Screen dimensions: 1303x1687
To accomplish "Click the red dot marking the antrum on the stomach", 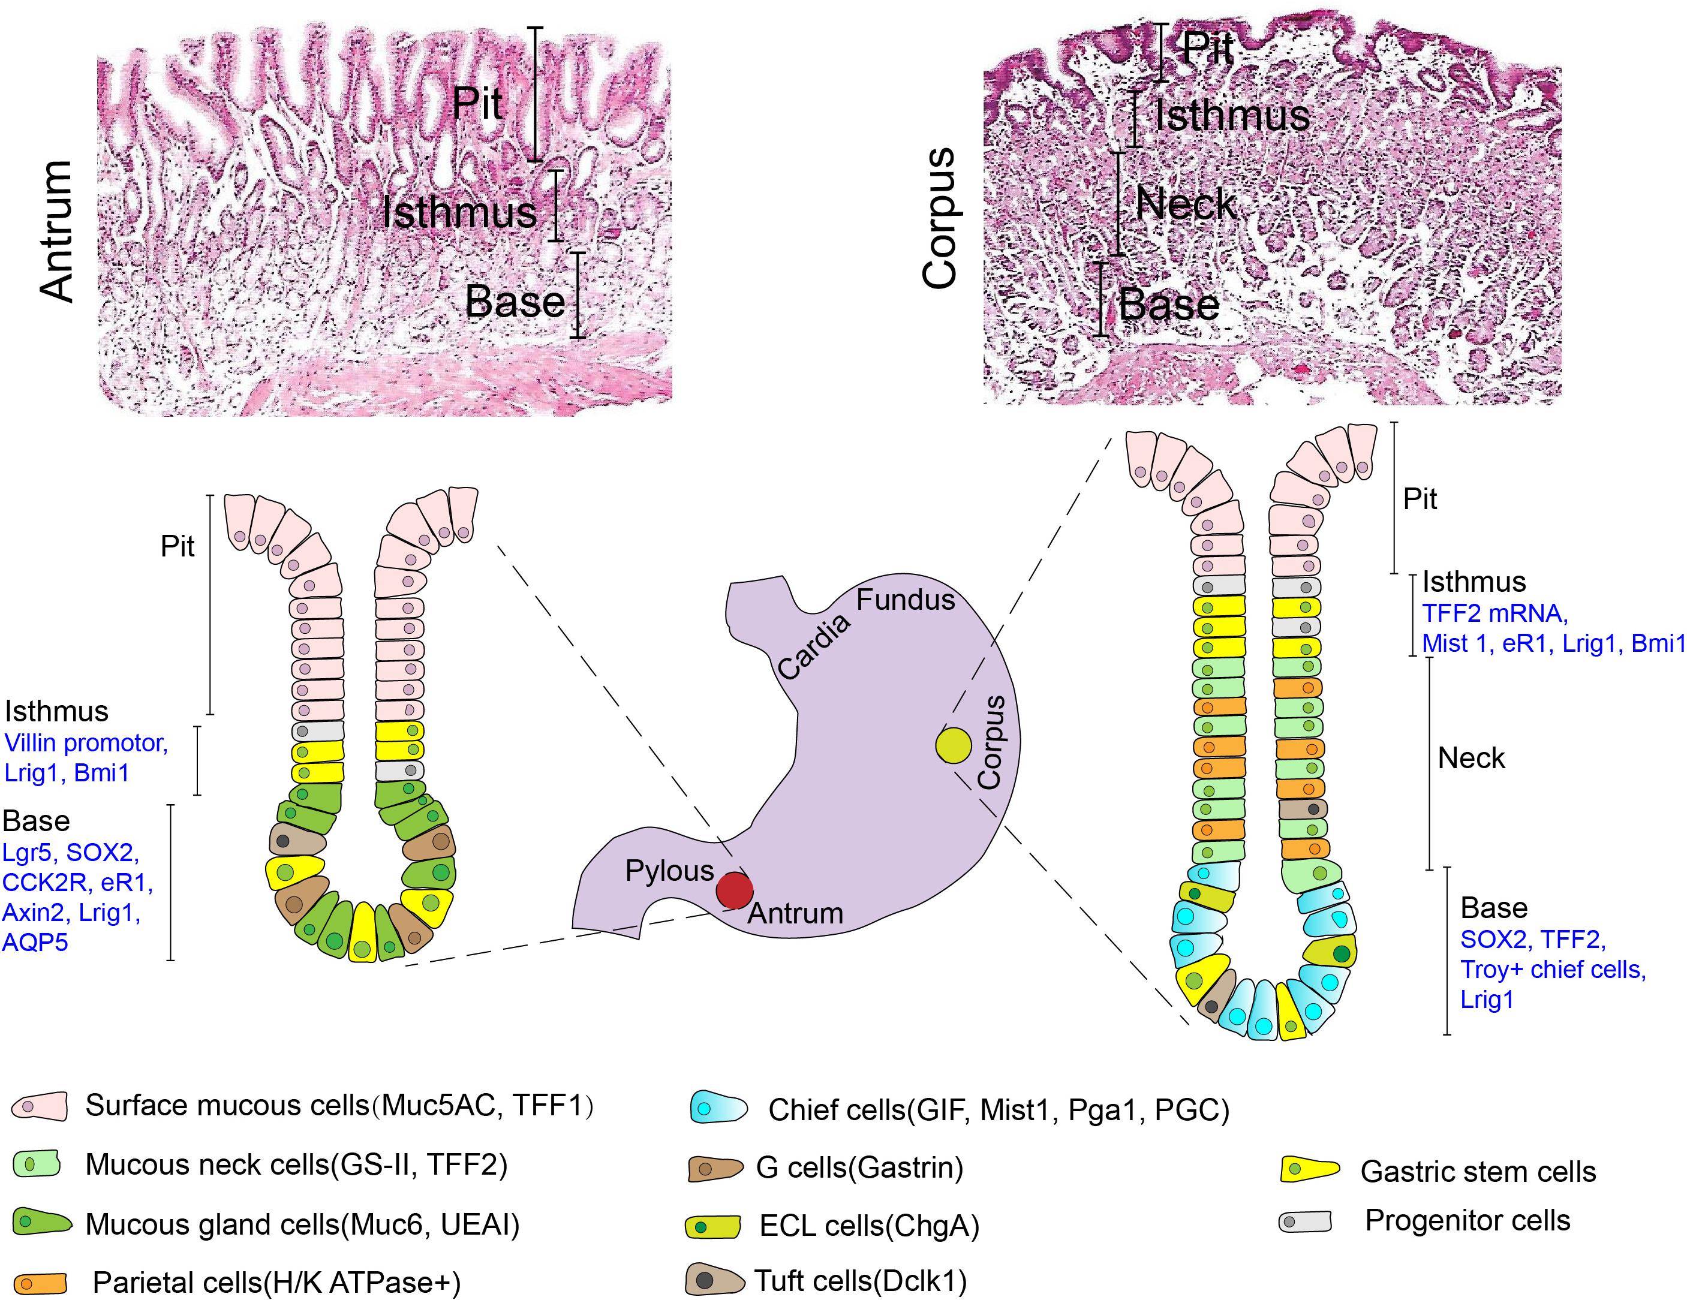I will [x=734, y=890].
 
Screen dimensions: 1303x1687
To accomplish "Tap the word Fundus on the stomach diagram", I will [x=906, y=600].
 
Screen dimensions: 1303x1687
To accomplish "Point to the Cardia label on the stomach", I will [x=813, y=647].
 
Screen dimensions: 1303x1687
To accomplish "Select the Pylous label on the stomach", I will [x=669, y=871].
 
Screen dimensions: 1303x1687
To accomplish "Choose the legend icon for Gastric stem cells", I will [x=1309, y=1170].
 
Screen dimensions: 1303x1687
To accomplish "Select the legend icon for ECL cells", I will [x=713, y=1226].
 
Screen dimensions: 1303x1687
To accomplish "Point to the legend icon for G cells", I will [x=714, y=1169].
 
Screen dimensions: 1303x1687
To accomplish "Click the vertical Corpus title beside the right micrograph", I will [x=941, y=219].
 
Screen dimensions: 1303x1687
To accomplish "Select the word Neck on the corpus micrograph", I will [x=1186, y=204].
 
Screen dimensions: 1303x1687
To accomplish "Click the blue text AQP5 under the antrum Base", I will [x=35, y=942].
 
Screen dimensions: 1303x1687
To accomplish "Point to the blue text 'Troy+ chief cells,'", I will [x=1553, y=970].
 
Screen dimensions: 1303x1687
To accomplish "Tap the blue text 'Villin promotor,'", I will [x=86, y=743].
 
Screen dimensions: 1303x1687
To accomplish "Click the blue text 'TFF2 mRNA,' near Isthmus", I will [x=1494, y=613].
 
